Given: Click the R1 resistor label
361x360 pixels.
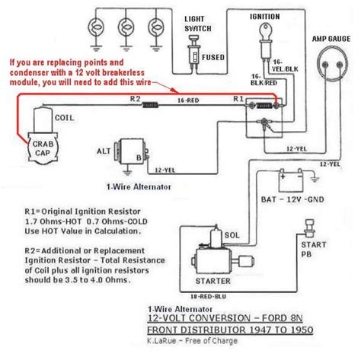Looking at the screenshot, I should pyautogui.click(x=238, y=99).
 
